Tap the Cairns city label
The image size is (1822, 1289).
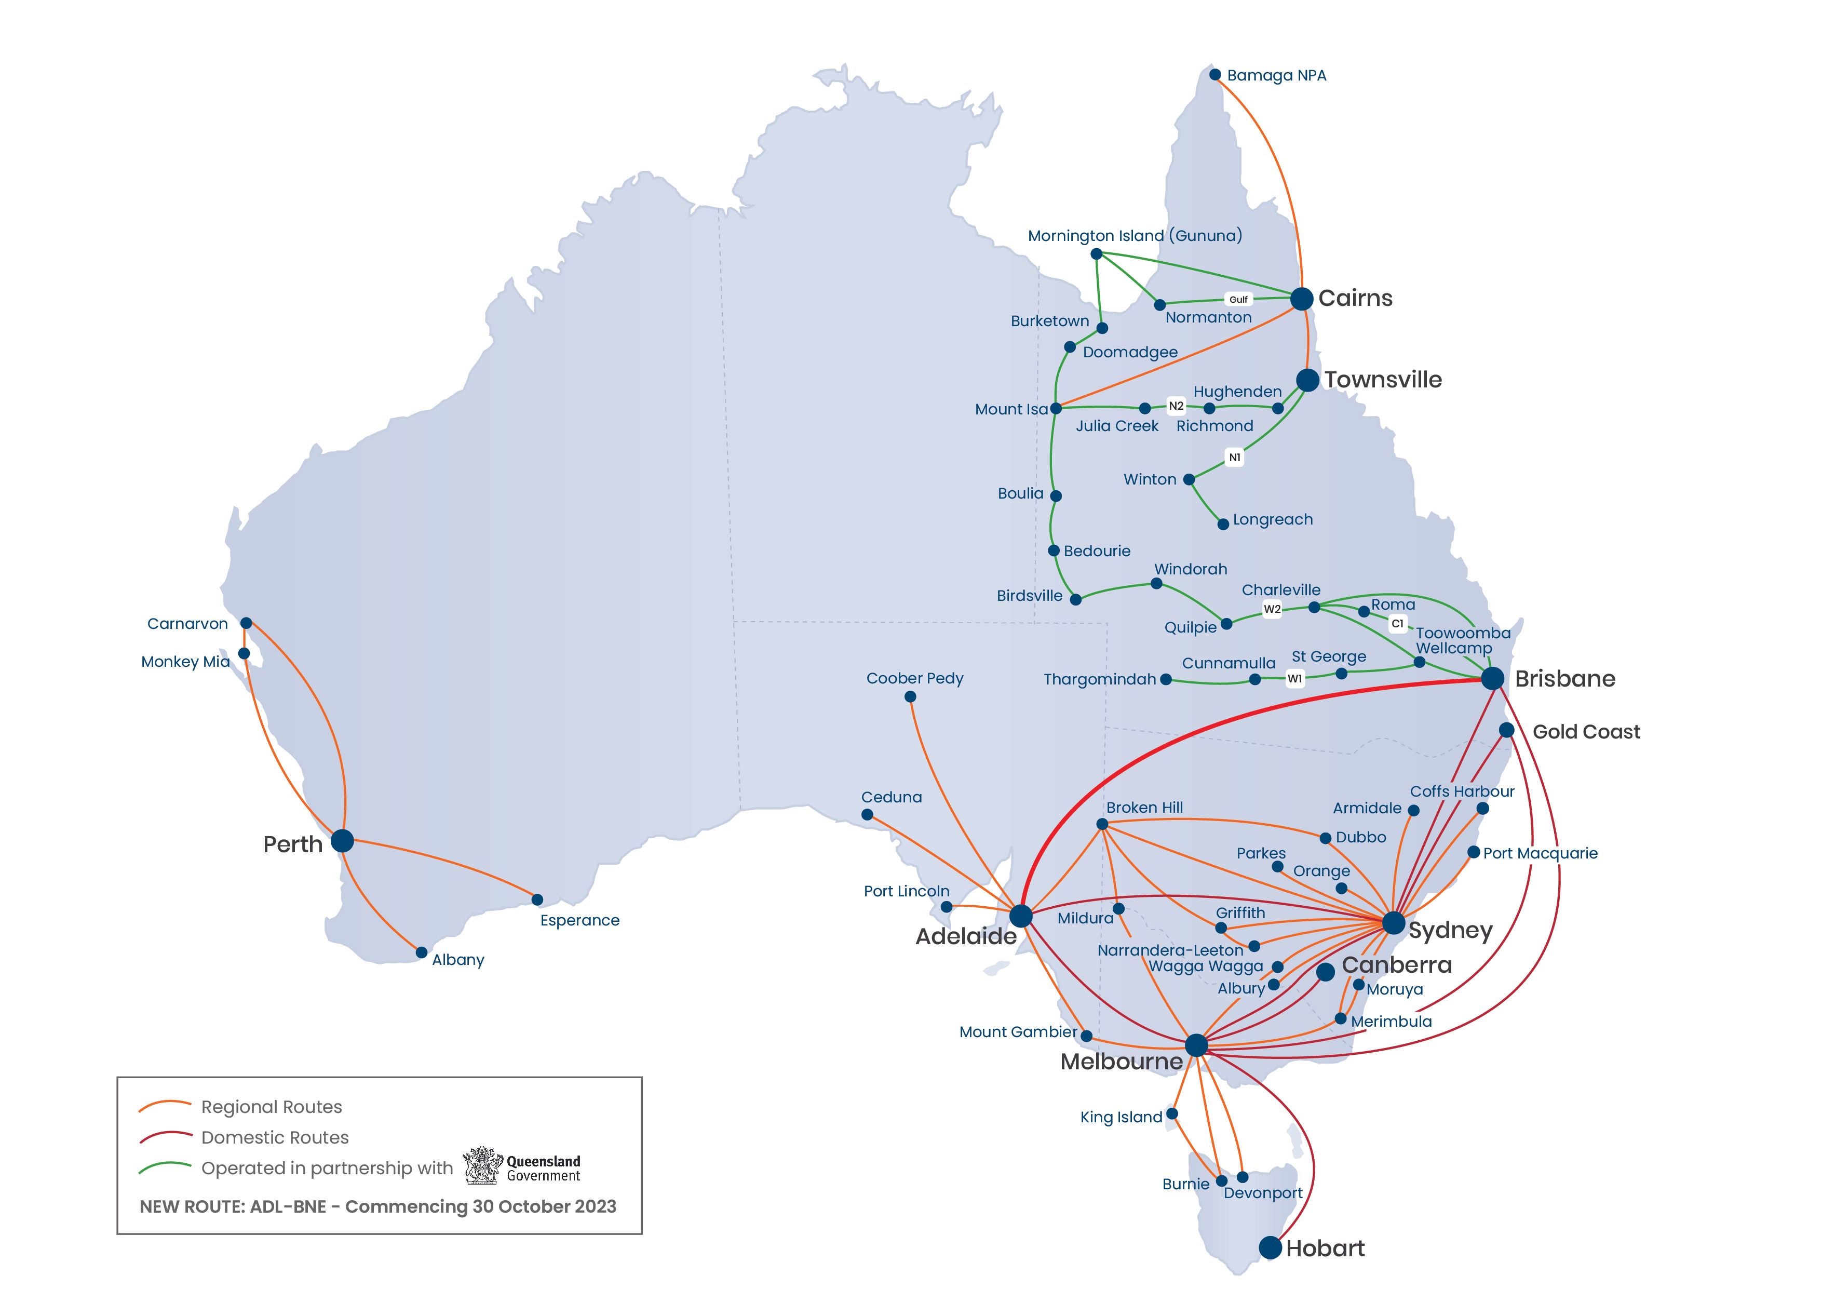click(x=1355, y=299)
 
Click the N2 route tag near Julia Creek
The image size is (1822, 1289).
click(x=1176, y=406)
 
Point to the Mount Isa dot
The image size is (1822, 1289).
click(x=1056, y=409)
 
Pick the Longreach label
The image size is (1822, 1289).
click(x=1272, y=520)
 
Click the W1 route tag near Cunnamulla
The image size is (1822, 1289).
click(x=1294, y=679)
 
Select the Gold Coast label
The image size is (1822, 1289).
click(x=1586, y=732)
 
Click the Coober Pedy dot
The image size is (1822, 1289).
click(x=910, y=697)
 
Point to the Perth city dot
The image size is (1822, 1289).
click(x=342, y=840)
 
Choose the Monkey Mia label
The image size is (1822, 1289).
click(x=185, y=662)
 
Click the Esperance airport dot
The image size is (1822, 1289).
click(x=537, y=899)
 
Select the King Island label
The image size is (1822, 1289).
click(x=1121, y=1118)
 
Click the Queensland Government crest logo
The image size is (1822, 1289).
click(x=482, y=1166)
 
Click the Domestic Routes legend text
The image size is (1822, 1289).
click(x=275, y=1137)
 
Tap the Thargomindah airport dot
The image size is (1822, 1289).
click(x=1165, y=679)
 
